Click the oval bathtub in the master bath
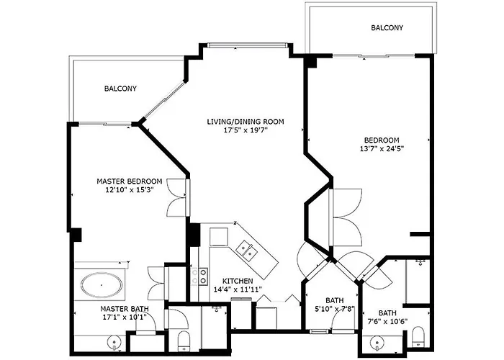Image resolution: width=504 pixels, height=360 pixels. [101, 286]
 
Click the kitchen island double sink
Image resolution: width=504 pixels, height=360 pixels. [247, 251]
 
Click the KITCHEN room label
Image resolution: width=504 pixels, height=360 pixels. [237, 280]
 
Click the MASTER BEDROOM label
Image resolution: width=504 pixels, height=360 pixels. [130, 181]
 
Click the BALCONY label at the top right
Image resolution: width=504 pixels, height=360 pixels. [387, 28]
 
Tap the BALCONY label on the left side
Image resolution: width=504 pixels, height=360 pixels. [120, 89]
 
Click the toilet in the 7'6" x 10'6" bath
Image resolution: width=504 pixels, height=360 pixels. [418, 335]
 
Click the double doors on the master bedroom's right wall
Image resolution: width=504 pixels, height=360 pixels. [176, 198]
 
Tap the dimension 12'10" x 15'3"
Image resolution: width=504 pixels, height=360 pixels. [130, 190]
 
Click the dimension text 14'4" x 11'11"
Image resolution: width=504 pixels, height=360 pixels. [237, 289]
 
